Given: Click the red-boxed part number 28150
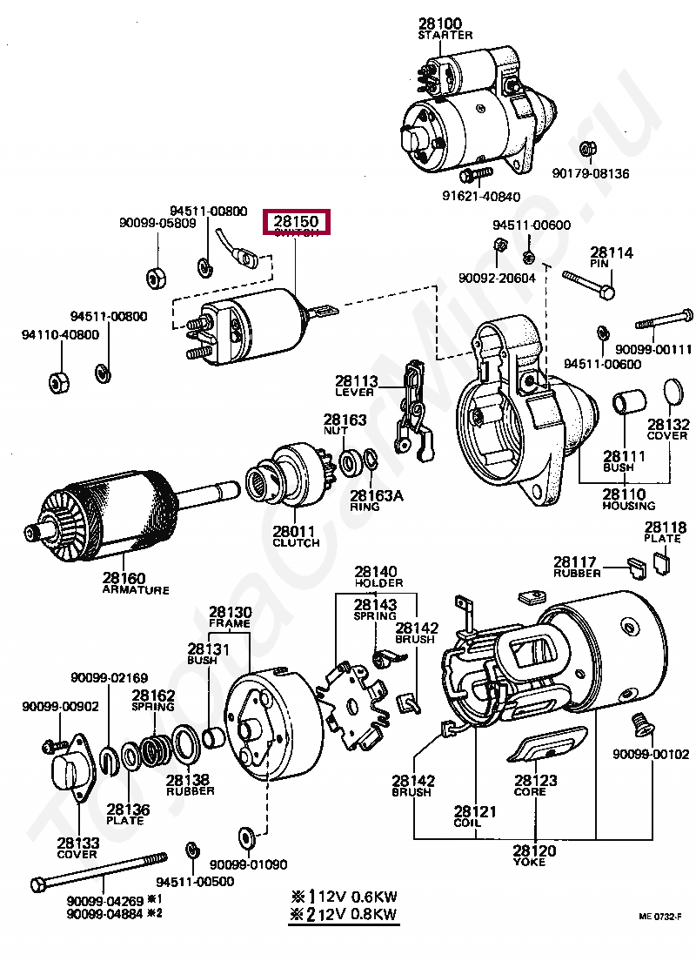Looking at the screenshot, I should coord(296,223).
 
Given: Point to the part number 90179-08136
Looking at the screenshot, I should coord(590,173).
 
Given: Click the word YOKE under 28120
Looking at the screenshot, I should coord(529,862).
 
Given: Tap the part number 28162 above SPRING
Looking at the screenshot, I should coord(153,696).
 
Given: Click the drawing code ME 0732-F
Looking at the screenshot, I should coord(659,916).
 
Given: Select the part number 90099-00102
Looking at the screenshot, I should coord(650,754).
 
